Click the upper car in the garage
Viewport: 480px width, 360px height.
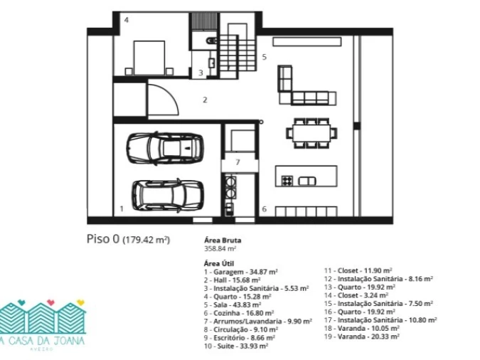pos(165,149)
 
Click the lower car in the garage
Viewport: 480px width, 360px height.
pos(168,196)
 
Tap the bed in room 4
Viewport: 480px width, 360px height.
pos(149,58)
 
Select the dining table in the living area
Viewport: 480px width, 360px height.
pos(311,133)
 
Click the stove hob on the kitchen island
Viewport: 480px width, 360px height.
pos(287,181)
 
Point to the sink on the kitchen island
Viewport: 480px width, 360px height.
pos(306,181)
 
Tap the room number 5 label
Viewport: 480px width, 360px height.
pos(265,57)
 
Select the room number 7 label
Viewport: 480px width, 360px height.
pos(238,162)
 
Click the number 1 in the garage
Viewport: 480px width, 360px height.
pos(122,208)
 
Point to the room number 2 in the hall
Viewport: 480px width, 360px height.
pos(205,100)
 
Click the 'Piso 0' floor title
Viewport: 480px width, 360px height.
pos(103,239)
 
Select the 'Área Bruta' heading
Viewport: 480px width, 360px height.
pos(223,240)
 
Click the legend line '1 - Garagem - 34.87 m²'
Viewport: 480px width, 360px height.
pos(241,272)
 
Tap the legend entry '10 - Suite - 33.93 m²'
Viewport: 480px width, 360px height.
pos(236,346)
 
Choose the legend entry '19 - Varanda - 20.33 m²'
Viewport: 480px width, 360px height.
pos(362,337)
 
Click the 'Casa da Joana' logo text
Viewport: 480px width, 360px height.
pos(42,341)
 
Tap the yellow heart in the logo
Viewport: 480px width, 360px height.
pos(80,302)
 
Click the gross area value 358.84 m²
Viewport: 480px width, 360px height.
pos(220,248)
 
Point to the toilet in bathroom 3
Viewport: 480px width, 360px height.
pos(211,41)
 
